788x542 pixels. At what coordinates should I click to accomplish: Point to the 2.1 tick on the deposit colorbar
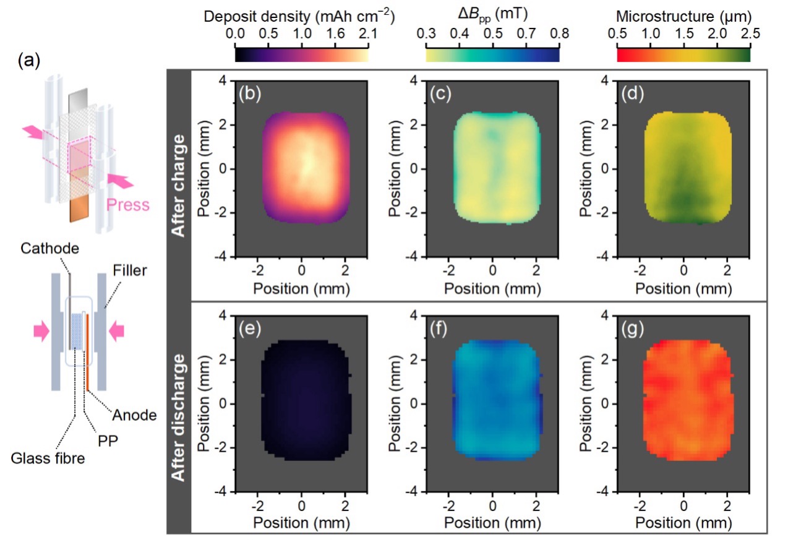coord(361,35)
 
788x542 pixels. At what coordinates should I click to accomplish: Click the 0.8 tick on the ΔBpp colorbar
coord(550,35)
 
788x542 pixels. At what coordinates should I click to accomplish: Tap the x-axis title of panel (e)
coord(301,523)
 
